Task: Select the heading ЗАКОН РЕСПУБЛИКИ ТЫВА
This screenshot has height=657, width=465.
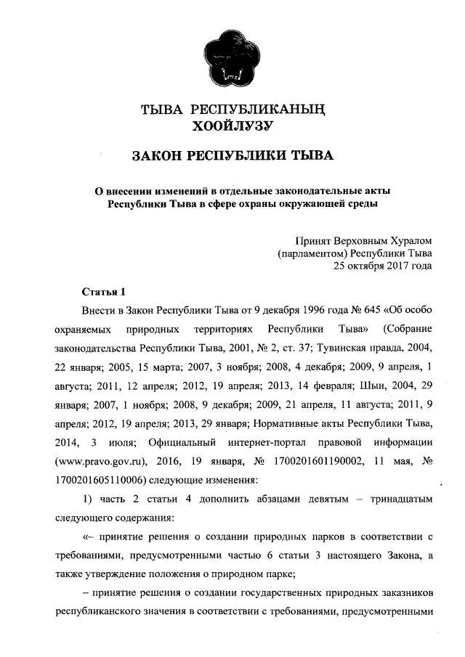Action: pyautogui.click(x=232, y=156)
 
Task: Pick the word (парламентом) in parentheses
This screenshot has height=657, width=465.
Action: pyautogui.click(x=312, y=253)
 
